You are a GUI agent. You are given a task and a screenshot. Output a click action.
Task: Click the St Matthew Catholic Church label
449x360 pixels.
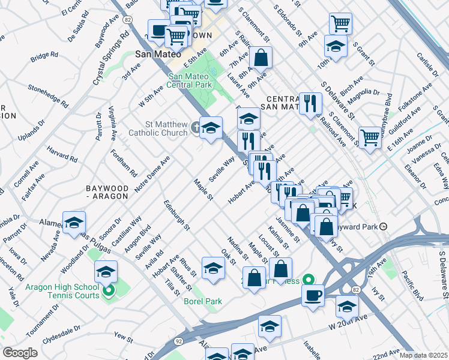(x=159, y=128)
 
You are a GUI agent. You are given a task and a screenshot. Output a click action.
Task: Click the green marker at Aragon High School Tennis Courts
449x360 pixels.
(x=108, y=292)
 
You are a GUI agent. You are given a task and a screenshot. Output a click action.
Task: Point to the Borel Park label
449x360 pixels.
(x=203, y=301)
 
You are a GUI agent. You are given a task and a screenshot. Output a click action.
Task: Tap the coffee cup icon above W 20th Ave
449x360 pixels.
(x=313, y=295)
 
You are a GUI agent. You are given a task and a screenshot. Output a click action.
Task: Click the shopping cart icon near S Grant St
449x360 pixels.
(x=340, y=24)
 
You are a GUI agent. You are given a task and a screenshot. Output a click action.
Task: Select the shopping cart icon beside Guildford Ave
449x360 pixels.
(x=370, y=137)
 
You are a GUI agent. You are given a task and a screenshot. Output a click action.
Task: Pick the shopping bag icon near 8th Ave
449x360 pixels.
(x=261, y=58)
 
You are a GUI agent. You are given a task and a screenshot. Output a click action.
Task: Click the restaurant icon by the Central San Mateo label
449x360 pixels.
(x=310, y=103)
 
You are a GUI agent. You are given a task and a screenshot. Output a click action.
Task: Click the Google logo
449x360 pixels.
(x=20, y=353)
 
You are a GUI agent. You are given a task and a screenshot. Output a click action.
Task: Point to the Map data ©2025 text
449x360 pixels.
(x=423, y=355)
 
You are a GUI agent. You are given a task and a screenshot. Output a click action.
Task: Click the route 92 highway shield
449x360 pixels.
(x=178, y=340)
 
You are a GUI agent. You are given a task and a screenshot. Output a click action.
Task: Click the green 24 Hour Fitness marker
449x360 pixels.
(x=308, y=280)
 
